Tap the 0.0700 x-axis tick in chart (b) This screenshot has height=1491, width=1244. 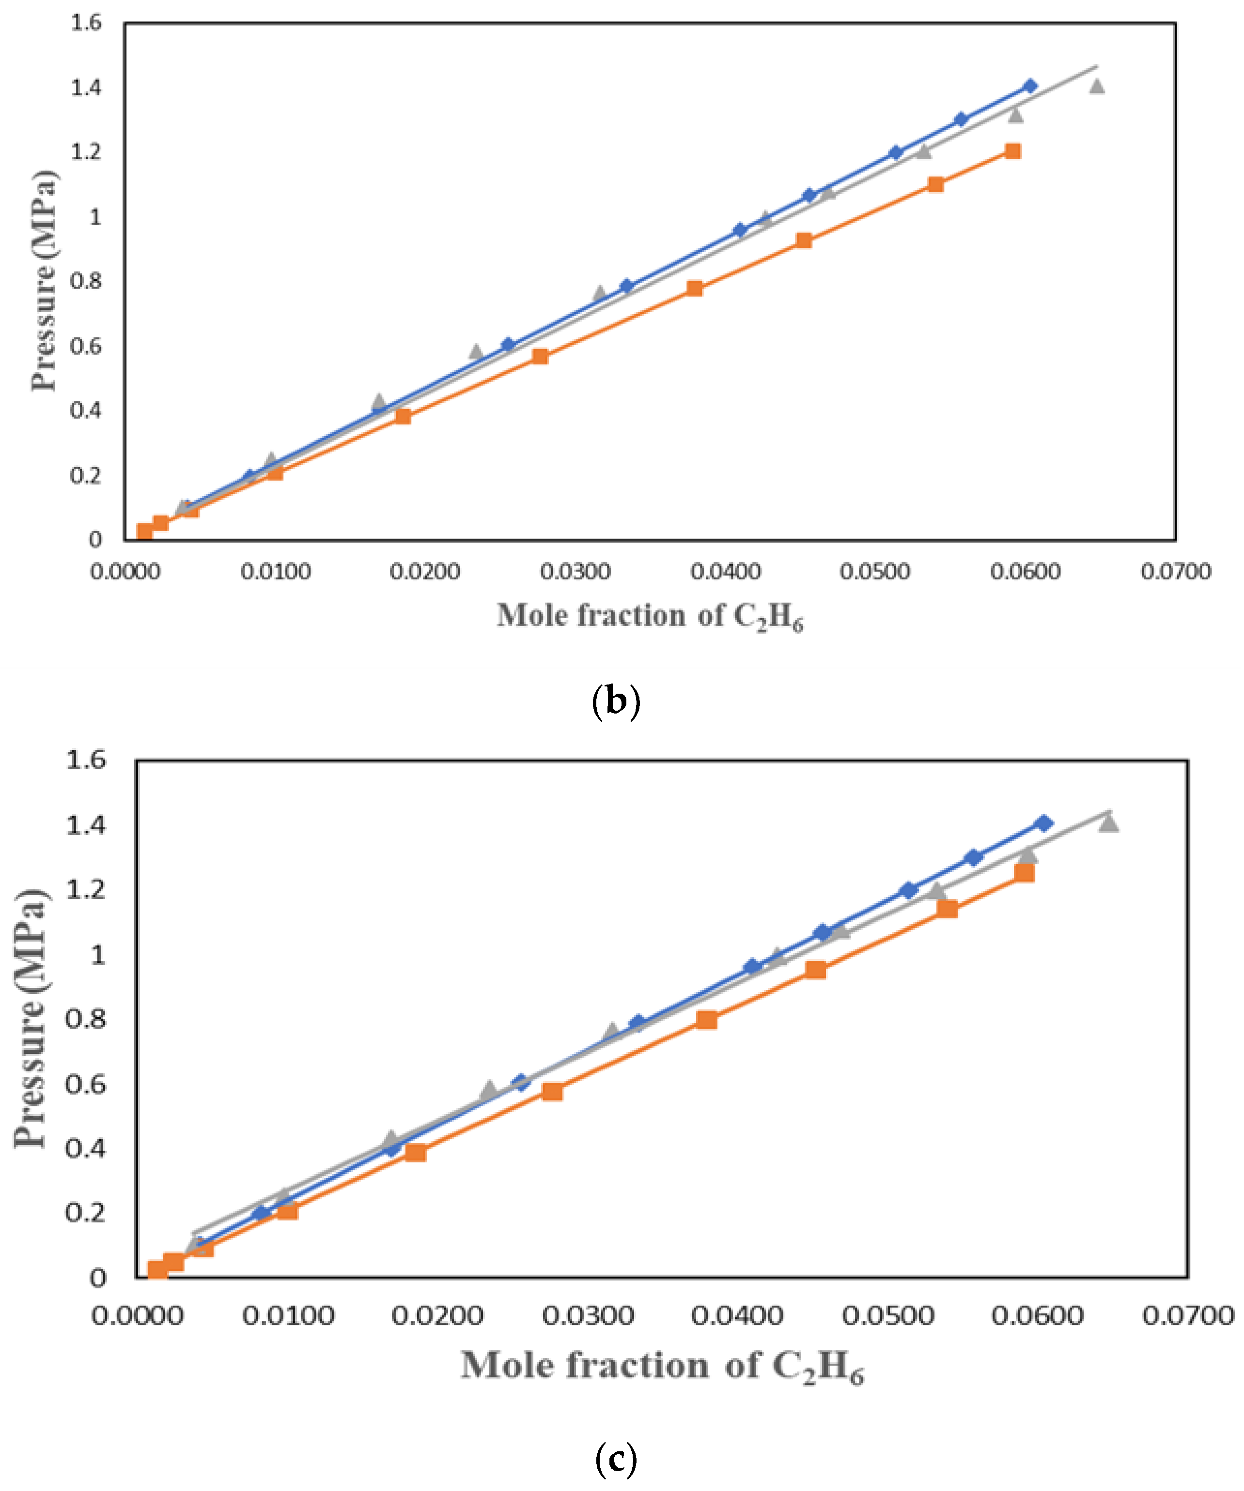[1176, 572]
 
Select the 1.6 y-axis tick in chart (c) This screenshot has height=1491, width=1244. [86, 761]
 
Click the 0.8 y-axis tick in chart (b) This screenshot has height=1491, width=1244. [86, 281]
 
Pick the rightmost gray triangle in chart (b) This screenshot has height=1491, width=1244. [1097, 86]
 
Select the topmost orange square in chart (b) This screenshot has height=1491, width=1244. [1013, 151]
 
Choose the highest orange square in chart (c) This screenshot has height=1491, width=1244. [1024, 873]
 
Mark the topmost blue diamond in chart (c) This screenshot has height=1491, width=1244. [1043, 823]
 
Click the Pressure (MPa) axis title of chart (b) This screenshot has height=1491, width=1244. [44, 280]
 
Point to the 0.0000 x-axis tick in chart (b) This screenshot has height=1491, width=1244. [125, 572]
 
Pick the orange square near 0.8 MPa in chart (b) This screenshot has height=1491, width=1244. [695, 288]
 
